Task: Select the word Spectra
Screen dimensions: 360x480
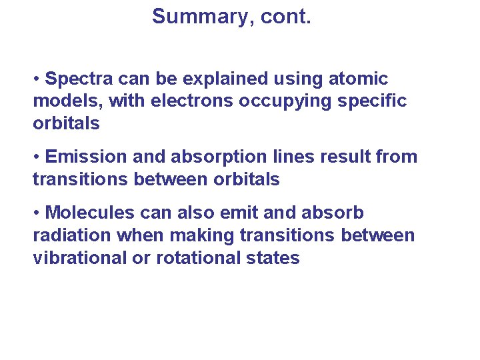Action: coord(79,79)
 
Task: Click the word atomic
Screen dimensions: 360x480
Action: coord(359,79)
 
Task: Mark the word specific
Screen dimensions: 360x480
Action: coord(376,102)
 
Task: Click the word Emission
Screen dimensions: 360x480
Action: coord(87,157)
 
